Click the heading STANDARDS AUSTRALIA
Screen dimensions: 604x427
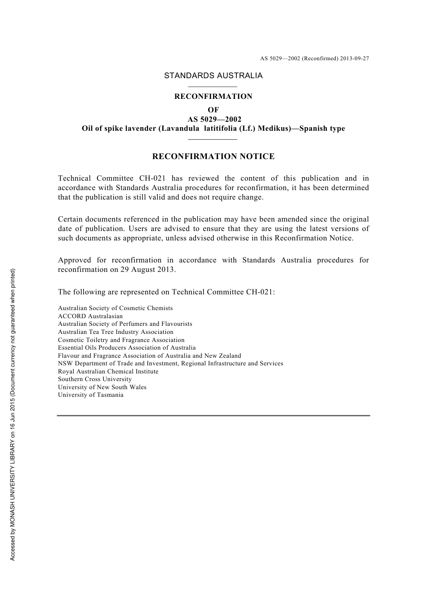pos(213,76)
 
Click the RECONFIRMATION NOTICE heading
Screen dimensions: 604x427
pos(213,157)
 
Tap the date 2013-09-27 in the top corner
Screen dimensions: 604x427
pos(354,58)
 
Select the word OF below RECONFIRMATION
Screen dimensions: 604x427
pos(213,110)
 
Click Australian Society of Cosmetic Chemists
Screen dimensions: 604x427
pos(115,308)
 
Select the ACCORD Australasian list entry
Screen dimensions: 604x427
pos(90,316)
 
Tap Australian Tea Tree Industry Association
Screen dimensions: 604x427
pos(116,332)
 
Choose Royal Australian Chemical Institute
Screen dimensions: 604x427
pos(108,372)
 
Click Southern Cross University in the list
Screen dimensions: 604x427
pos(94,379)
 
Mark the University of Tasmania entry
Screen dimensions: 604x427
pos(90,395)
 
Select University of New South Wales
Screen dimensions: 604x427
pos(102,387)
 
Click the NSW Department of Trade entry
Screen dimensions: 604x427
pos(170,364)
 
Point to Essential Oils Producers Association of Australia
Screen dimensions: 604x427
pos(127,348)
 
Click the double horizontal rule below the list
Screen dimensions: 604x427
pos(213,416)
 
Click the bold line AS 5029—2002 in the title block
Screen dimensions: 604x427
pos(214,120)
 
